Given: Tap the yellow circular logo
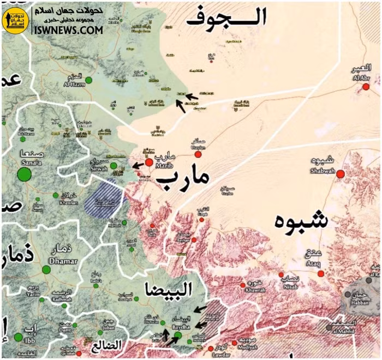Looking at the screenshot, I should click(15, 20).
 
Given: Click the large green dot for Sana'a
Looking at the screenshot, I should click(24, 175).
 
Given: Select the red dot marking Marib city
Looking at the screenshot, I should click(148, 162).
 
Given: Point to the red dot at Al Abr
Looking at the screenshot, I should click(366, 86).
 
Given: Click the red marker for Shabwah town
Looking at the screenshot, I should click(340, 174).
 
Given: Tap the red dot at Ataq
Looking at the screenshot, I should click(321, 273).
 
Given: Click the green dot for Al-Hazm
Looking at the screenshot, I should click(88, 80).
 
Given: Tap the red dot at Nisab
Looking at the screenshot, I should click(281, 274).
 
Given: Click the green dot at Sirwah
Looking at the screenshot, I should click(114, 165).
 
